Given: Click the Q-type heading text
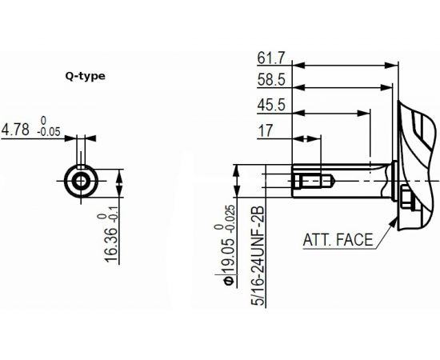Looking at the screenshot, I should pyautogui.click(x=85, y=77).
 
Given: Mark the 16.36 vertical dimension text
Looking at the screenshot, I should pyautogui.click(x=110, y=239).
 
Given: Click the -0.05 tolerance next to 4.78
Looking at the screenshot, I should pyautogui.click(x=50, y=133).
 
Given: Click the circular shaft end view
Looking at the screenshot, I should pyautogui.click(x=81, y=181).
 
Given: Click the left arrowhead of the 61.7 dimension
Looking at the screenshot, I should pyautogui.click(x=297, y=65).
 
